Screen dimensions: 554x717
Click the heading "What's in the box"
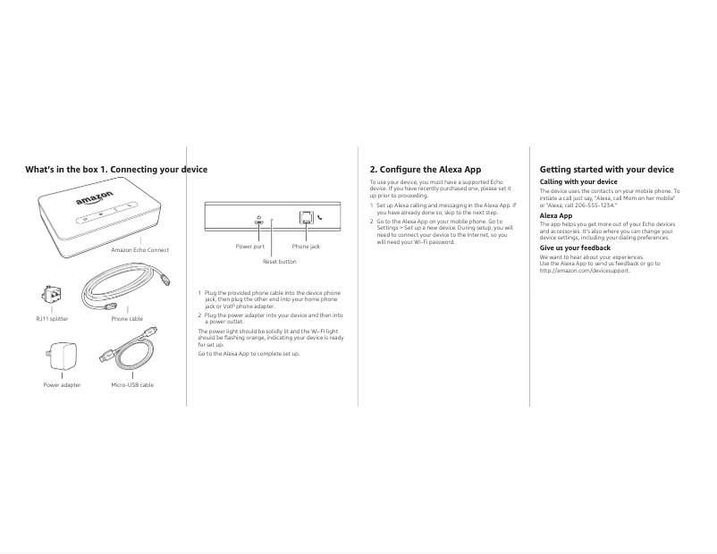coord(61,170)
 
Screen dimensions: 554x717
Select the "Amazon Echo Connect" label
coord(139,250)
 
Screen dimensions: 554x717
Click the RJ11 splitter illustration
coord(51,294)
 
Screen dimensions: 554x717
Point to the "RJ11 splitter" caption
coord(52,318)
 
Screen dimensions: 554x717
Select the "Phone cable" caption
coord(127,318)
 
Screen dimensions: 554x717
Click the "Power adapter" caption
coord(63,385)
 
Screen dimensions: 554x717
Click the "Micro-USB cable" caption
coord(132,385)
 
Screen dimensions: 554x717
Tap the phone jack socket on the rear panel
coord(306,217)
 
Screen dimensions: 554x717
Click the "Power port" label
coord(250,246)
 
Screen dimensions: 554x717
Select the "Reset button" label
coord(279,262)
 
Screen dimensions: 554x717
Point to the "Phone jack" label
coord(306,246)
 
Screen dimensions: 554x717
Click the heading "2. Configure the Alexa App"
coord(426,170)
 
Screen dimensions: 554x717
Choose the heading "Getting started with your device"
coord(607,170)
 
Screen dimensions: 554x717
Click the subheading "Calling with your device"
coord(578,182)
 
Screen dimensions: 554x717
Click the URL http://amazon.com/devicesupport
coord(585,271)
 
